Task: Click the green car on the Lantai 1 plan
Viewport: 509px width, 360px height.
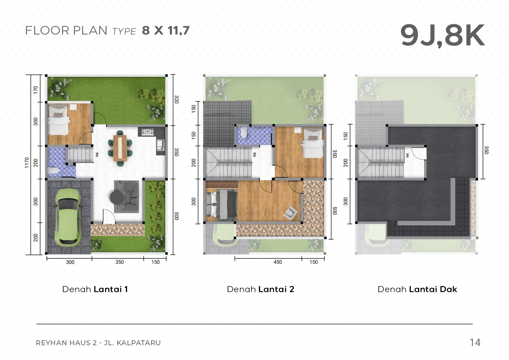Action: [x=68, y=217]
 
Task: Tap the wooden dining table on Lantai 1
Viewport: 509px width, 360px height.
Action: [x=120, y=148]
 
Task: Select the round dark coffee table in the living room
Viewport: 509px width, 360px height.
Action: [x=117, y=197]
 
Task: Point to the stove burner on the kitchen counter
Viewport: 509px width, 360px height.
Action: [x=148, y=131]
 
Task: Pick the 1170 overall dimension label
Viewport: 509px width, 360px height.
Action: [x=27, y=163]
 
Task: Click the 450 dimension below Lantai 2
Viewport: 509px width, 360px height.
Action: [x=277, y=262]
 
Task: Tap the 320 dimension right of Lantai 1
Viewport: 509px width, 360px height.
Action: [x=176, y=99]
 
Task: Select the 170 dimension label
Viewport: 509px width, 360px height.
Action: [x=36, y=90]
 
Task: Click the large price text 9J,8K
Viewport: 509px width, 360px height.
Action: [x=442, y=36]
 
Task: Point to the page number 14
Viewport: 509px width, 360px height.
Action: [x=475, y=342]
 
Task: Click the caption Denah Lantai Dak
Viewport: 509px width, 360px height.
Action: [x=417, y=289]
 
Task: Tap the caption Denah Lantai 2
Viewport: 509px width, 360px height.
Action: [x=260, y=289]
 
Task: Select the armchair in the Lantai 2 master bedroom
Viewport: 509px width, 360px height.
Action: [x=290, y=213]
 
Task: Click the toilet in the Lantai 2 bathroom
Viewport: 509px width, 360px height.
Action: [x=244, y=132]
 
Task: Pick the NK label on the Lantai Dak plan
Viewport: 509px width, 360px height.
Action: [x=407, y=155]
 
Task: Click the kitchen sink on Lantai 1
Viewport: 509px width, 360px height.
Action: [x=160, y=144]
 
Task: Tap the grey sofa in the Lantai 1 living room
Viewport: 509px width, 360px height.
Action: [x=131, y=197]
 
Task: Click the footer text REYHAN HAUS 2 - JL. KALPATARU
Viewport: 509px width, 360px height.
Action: [x=98, y=343]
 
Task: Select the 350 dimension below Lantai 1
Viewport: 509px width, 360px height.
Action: [x=119, y=262]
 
